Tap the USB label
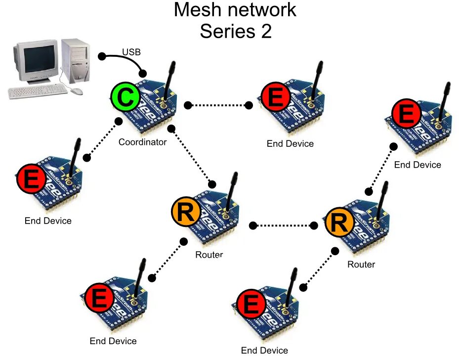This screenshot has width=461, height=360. pos(131,52)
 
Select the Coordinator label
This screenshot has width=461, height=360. pos(142,142)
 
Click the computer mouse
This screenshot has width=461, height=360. pos(77,91)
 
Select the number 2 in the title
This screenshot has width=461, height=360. pos(266,31)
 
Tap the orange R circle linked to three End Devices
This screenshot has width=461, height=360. pos(186,212)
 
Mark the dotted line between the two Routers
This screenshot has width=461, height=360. pos(283,225)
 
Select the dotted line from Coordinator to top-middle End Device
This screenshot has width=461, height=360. pos(218,105)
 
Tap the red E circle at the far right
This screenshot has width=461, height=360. pos(406,114)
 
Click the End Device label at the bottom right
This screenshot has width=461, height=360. pos(264,351)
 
